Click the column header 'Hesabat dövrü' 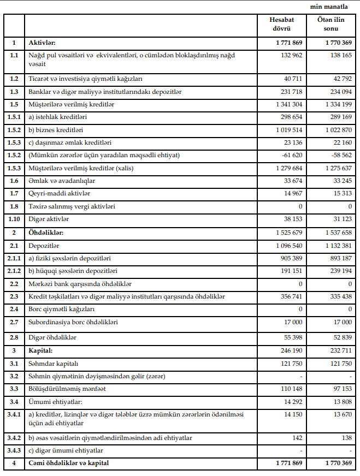(x=281, y=24)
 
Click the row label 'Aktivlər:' (x=43, y=43)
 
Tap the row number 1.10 (x=14, y=219)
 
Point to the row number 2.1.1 (x=14, y=258)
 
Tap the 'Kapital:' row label (x=41, y=350)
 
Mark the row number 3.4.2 (x=14, y=438)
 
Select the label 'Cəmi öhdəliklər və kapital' (x=69, y=463)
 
